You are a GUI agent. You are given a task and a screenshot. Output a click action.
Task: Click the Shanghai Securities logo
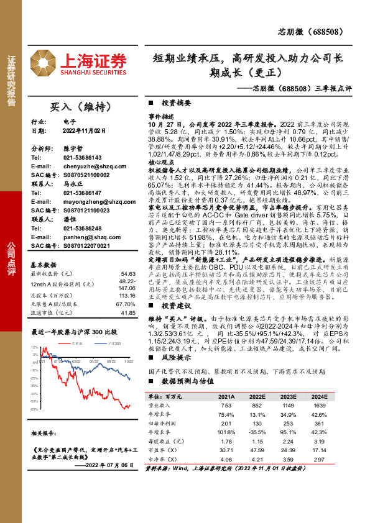[x=91, y=63]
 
